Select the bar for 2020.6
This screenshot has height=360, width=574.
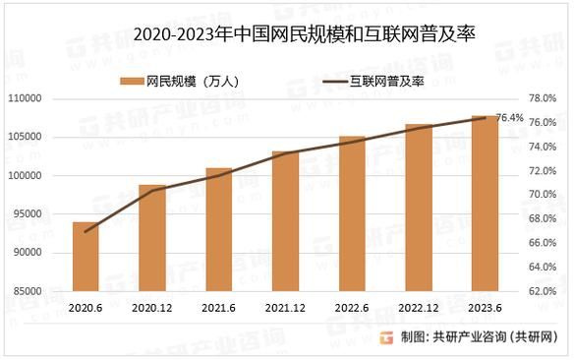86,257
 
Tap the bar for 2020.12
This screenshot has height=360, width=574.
152,238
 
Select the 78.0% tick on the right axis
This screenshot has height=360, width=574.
542,99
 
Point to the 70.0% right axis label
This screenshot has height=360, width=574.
542,195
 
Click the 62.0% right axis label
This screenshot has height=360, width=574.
542,291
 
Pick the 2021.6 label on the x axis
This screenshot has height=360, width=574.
218,308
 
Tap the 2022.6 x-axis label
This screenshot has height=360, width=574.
352,308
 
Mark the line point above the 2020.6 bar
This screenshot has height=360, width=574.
86,231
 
